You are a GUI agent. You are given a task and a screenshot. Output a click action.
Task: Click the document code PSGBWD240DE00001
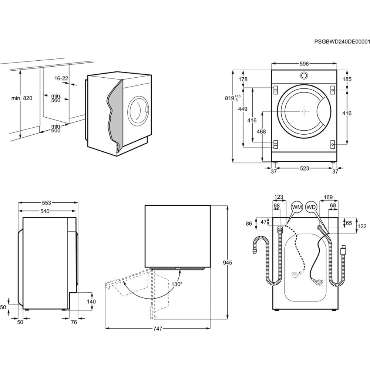pyautogui.click(x=342, y=42)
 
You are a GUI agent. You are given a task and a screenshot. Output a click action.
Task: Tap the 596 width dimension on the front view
pyautogui.click(x=304, y=64)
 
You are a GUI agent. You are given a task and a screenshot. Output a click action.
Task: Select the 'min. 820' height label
pyautogui.click(x=22, y=98)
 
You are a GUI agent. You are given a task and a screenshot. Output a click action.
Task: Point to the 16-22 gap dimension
pyautogui.click(x=61, y=78)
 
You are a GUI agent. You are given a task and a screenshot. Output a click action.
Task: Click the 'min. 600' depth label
pyautogui.click(x=56, y=128)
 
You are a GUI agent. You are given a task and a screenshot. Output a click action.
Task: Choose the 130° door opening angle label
pyautogui.click(x=177, y=284)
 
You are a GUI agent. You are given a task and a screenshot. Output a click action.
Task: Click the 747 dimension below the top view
pyautogui.click(x=157, y=329)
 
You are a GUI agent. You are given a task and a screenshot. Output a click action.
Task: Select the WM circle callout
pyautogui.click(x=297, y=208)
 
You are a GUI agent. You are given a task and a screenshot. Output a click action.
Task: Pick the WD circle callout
pyautogui.click(x=312, y=208)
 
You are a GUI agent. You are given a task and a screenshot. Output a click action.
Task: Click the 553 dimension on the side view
pyautogui.click(x=46, y=202)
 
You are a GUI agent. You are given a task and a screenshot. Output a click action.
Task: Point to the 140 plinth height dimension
pyautogui.click(x=91, y=302)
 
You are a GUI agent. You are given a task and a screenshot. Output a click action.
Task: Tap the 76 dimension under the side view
pyautogui.click(x=73, y=322)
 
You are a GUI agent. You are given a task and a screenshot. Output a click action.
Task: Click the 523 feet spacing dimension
pyautogui.click(x=304, y=168)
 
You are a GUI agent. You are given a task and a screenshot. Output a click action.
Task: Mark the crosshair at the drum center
pyautogui.click(x=304, y=111)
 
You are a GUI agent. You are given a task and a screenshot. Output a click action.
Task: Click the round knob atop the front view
pyautogui.click(x=304, y=76)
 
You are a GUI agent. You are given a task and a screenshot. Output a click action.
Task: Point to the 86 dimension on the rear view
pyautogui.click(x=248, y=223)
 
